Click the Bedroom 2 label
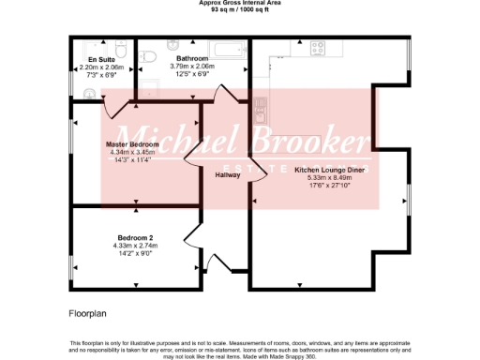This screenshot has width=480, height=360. tap(135, 237)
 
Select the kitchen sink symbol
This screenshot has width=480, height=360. tap(263, 109)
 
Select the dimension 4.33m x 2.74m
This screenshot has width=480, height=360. tap(135, 246)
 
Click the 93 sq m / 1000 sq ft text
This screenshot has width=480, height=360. tap(241, 10)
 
